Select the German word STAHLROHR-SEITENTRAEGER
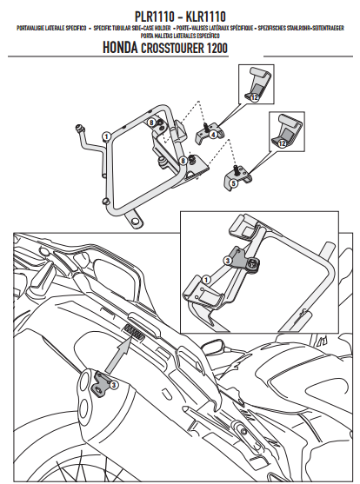click(309, 30)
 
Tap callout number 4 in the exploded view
click(213, 136)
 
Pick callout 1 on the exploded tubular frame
click(105, 136)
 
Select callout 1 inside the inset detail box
click(206, 279)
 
